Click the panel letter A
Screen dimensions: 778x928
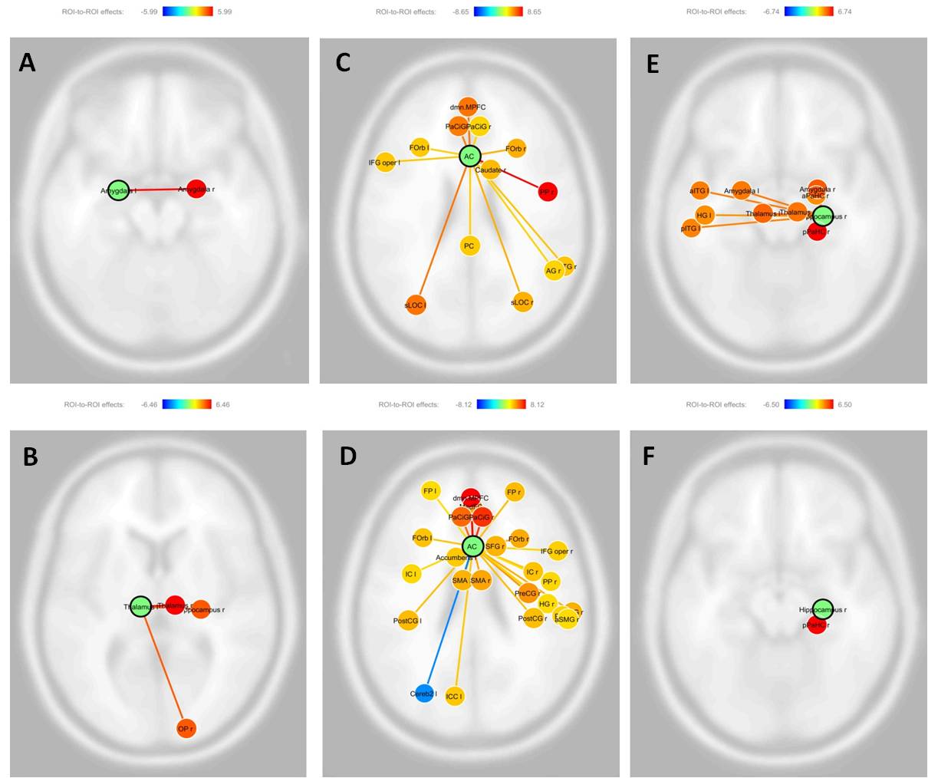coord(27,62)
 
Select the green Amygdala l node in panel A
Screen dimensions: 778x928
coord(117,190)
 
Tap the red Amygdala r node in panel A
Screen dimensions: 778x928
coord(196,189)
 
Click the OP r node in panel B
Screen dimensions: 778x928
coord(186,728)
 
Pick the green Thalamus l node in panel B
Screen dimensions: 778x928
coord(140,607)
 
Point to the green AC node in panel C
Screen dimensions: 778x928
coord(469,156)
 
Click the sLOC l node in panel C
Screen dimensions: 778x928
coord(416,305)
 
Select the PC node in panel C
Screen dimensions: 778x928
coord(469,246)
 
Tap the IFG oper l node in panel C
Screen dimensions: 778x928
coord(386,163)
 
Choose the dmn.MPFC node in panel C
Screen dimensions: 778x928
coord(468,107)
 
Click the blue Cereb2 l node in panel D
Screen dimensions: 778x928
coord(423,694)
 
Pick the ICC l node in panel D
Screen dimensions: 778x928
coord(455,697)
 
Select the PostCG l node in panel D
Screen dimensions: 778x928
coord(408,620)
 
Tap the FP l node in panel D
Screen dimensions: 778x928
coord(430,490)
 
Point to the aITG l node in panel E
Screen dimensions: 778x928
coord(699,190)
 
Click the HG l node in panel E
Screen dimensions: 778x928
coord(705,215)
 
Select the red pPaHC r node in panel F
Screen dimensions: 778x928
coord(817,625)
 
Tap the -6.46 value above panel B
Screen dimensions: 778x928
coord(150,404)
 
